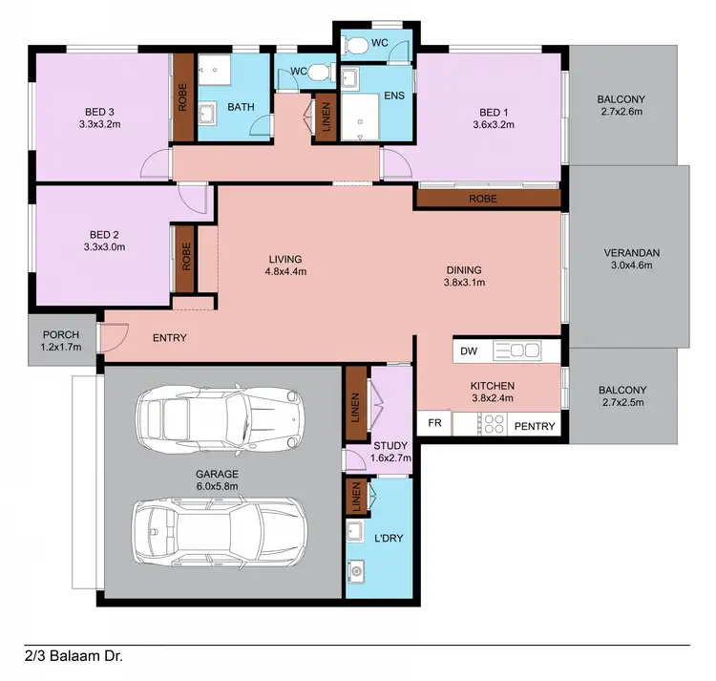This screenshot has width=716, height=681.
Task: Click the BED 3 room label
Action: click(x=98, y=110)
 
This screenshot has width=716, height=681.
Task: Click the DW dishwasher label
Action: click(x=469, y=351)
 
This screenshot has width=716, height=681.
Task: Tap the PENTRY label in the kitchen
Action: click(x=535, y=426)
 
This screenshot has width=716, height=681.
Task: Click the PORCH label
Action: click(x=62, y=334)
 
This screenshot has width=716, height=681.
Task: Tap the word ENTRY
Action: click(x=170, y=338)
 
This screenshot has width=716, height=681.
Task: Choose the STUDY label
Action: click(x=390, y=445)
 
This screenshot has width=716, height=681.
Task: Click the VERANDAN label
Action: click(x=632, y=253)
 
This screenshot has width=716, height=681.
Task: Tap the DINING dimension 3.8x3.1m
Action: click(x=464, y=283)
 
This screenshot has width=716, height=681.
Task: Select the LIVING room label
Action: click(x=284, y=259)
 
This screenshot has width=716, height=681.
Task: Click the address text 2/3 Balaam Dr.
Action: click(x=74, y=656)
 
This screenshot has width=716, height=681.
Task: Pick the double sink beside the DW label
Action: click(x=517, y=351)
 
